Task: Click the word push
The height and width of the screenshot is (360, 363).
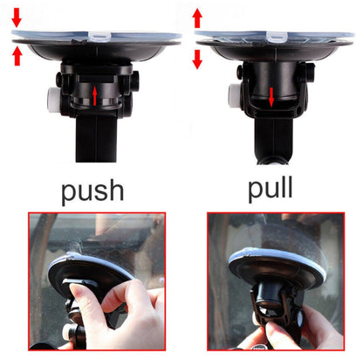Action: click(92, 191)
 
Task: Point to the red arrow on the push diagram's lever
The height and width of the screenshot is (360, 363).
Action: click(95, 93)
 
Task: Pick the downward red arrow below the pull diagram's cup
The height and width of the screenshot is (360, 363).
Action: click(197, 59)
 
